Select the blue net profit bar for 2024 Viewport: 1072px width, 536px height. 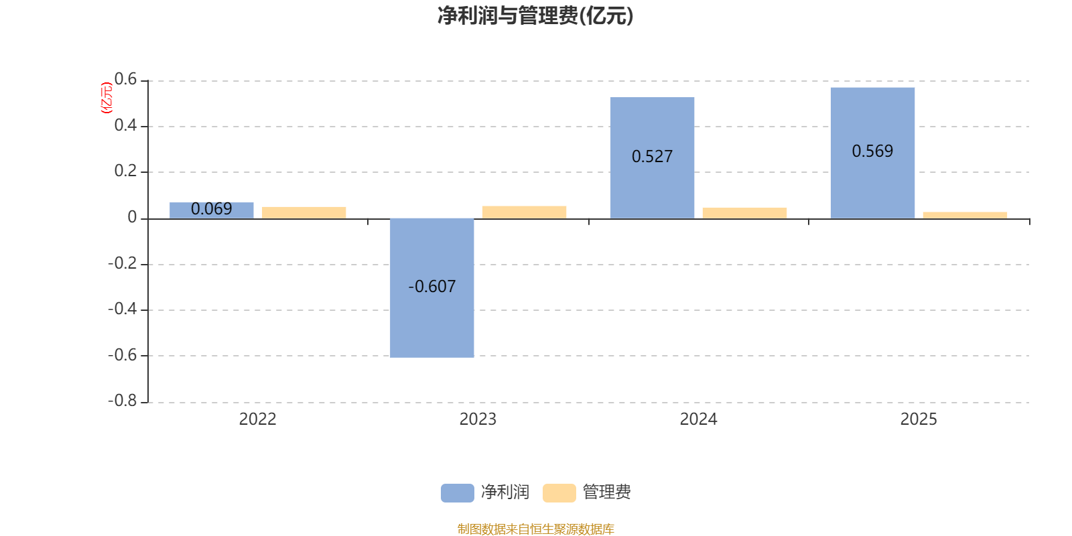coord(652,188)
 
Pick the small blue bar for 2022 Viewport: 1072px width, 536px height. coord(212,210)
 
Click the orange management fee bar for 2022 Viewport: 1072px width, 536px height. coord(304,212)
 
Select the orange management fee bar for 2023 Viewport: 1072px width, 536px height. coord(524,212)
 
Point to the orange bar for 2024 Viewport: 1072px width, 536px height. coord(744,212)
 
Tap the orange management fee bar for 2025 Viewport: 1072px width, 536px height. coord(965,215)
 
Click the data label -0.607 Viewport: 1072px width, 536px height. coord(431,287)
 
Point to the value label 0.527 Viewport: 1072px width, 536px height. coord(652,157)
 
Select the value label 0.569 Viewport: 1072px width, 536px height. coord(872,151)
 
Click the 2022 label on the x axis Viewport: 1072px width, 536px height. coord(257,419)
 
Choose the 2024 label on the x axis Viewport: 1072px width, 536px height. coord(698,419)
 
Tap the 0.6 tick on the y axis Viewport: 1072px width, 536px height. coord(125,80)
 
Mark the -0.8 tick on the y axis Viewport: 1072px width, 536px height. coord(122,401)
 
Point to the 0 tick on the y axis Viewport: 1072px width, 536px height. coord(132,217)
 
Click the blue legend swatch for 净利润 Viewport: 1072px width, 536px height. coord(457,493)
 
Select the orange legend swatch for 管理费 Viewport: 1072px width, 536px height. coord(559,493)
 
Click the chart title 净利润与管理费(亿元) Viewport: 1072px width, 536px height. coord(535,16)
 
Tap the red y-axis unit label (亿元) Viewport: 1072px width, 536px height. coord(106,98)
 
